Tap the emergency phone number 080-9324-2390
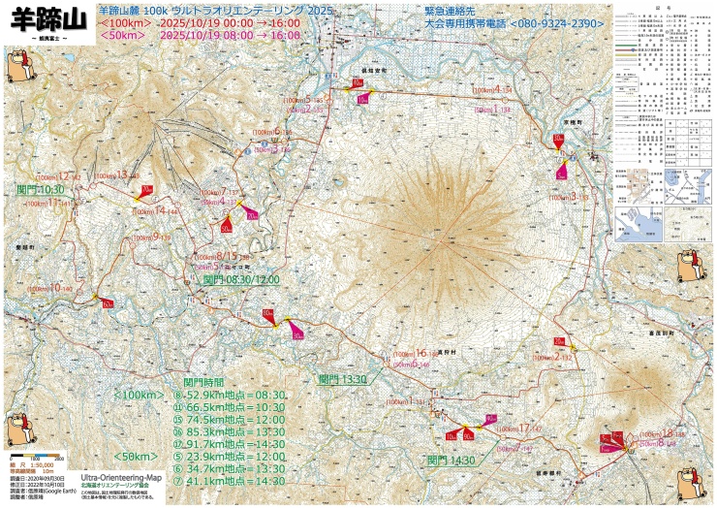(546, 21)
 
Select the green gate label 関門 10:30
(40, 190)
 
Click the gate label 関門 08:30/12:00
(240, 279)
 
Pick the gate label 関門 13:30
(342, 379)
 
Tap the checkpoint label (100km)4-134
(493, 90)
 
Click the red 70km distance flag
(145, 190)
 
